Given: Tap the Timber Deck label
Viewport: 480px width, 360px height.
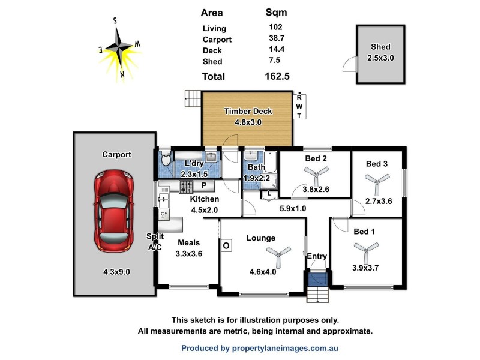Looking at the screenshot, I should [x=248, y=111].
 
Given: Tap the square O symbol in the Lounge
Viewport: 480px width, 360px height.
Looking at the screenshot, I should [x=227, y=245].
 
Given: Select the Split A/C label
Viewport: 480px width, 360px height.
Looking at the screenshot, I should [x=156, y=242].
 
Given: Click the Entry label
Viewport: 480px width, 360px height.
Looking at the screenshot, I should [x=317, y=257].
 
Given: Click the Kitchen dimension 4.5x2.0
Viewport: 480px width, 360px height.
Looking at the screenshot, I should [x=204, y=210].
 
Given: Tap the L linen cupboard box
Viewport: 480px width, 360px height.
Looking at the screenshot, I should [x=269, y=193].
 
